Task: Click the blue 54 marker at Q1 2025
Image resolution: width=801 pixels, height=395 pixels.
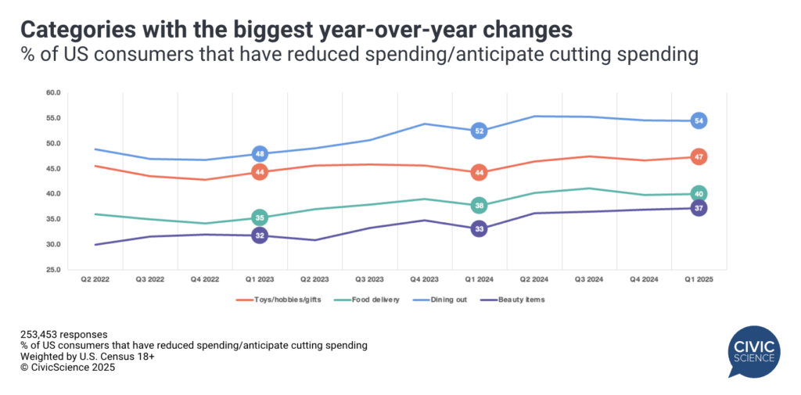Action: (699, 120)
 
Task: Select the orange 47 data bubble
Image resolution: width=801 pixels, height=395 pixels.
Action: (699, 157)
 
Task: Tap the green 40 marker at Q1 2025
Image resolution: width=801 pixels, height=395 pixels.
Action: (699, 193)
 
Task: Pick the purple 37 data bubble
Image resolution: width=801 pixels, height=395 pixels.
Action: (699, 208)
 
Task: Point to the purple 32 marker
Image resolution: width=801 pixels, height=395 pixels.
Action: (260, 235)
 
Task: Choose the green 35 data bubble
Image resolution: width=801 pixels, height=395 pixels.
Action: (260, 217)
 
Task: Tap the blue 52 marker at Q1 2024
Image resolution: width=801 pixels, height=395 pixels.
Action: (480, 131)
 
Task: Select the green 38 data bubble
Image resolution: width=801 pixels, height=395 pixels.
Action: (480, 206)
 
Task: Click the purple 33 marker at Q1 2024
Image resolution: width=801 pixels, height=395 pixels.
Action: (480, 229)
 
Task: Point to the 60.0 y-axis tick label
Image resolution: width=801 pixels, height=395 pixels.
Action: (53, 93)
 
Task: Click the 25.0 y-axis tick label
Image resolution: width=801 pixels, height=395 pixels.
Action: (53, 269)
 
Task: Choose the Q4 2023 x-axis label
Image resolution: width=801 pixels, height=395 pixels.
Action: (424, 277)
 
